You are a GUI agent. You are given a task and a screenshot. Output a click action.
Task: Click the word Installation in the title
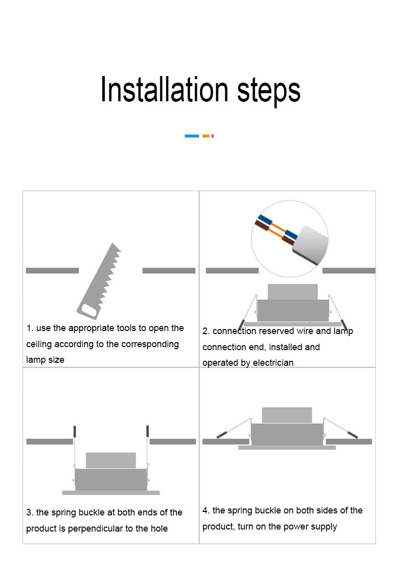point(164,89)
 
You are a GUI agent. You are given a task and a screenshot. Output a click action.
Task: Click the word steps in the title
point(269,91)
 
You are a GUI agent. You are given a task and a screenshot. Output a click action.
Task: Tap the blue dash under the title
point(192,136)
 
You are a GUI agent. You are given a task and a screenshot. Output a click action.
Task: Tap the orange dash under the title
point(206,136)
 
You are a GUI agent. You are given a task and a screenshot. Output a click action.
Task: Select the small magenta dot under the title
point(213,136)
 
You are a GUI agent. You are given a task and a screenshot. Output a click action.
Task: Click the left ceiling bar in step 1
point(52,271)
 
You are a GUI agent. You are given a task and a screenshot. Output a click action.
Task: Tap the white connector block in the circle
point(310,245)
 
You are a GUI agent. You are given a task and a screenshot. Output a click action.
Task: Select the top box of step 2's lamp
point(293,292)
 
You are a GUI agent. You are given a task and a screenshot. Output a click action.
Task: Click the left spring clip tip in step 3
point(75,431)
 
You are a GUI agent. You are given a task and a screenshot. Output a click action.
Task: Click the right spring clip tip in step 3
point(148,430)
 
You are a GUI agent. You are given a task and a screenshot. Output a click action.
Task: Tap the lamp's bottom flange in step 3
point(111,493)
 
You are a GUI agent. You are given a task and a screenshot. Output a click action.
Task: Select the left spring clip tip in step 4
point(222,435)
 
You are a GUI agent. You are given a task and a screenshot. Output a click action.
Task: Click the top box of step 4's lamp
point(287,415)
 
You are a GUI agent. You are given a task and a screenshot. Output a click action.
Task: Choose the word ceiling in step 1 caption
point(39,345)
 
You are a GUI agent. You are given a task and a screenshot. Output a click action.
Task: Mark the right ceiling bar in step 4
point(349,442)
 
